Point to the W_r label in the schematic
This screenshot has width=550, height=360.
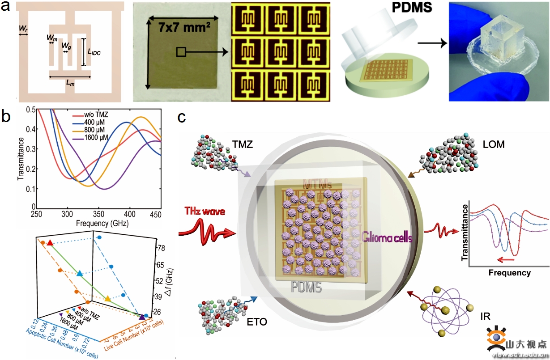[x=23, y=29]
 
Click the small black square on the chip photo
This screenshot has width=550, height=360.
[x=181, y=53]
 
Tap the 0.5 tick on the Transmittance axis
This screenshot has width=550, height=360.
[x=30, y=110]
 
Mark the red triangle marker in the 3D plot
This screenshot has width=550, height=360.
[x=50, y=243]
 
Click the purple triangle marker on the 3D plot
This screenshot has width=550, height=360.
[x=142, y=317]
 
